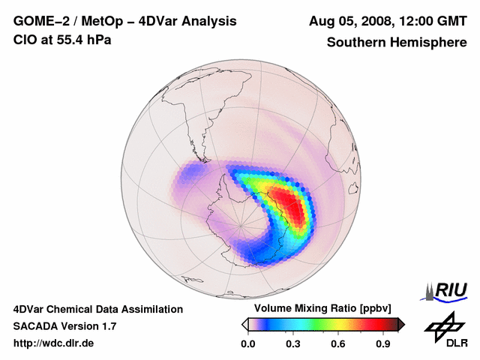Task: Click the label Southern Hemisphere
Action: coord(396,43)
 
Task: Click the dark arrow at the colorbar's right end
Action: coord(400,324)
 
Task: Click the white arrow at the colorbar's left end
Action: coord(244,324)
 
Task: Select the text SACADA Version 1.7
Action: coord(64,326)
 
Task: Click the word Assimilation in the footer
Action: coord(153,309)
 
